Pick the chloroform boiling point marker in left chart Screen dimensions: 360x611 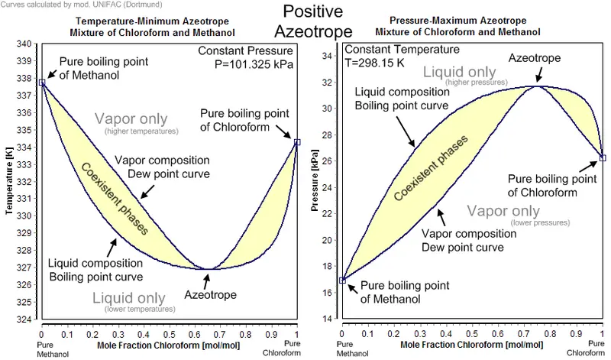point(297,142)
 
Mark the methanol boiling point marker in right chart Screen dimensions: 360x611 point(342,281)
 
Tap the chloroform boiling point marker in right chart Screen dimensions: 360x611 point(603,157)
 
